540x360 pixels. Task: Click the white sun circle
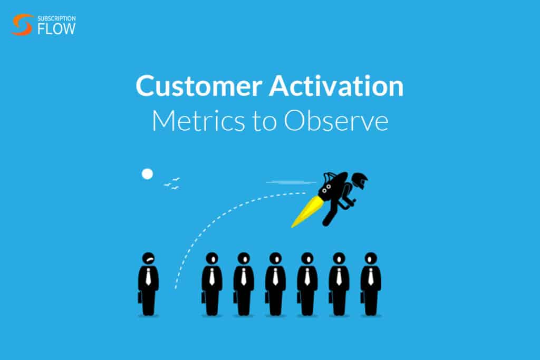[147, 173]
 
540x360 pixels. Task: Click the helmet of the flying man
[360, 181]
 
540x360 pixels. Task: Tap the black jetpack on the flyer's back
[332, 187]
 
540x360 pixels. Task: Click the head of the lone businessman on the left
[149, 259]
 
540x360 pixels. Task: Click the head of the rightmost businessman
[371, 258]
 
